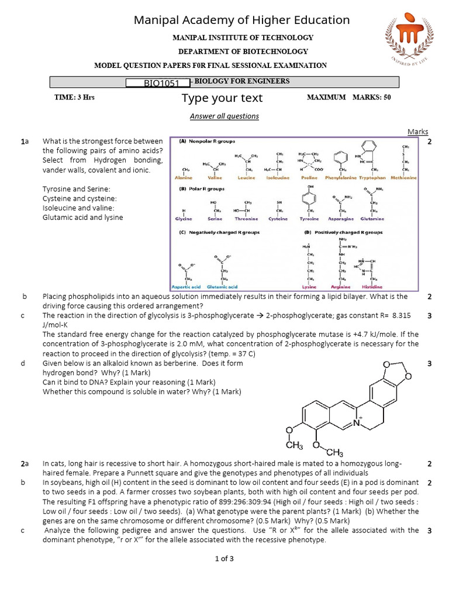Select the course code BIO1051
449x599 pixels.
(x=158, y=83)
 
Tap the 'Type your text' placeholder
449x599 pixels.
(x=222, y=98)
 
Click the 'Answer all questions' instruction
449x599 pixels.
(x=224, y=116)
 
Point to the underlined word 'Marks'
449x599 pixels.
(x=417, y=132)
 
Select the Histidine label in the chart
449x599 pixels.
(x=372, y=287)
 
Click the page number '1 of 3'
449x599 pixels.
(x=224, y=559)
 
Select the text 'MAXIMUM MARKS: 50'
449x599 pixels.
(x=348, y=97)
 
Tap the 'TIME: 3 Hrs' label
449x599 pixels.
(x=74, y=97)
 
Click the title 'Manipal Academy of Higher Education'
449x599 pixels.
(x=242, y=20)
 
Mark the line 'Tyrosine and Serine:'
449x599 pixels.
(x=77, y=189)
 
